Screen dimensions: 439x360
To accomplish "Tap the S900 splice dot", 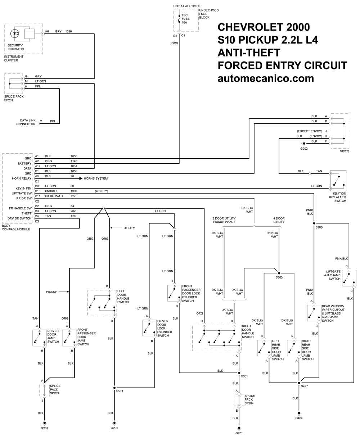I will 314,223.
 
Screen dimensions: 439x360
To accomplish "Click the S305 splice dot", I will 279,273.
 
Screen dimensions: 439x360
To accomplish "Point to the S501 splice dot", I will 114,388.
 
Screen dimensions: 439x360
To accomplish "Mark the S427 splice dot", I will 299,383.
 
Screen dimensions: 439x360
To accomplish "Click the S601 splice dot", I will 237,373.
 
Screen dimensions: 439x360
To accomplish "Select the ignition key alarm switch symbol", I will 338,181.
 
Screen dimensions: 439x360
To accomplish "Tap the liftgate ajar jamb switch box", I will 348,278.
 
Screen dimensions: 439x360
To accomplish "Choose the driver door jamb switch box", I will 40,337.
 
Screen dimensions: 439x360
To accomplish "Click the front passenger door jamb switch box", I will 69,337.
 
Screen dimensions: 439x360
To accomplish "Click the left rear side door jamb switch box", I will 264,347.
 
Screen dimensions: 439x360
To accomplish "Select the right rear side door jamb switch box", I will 294,347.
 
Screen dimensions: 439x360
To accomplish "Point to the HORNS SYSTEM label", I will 96,178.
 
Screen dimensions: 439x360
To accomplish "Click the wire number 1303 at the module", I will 74,191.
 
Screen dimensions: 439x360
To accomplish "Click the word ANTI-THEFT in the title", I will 249,53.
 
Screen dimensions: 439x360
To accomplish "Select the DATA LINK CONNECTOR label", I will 26,122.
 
